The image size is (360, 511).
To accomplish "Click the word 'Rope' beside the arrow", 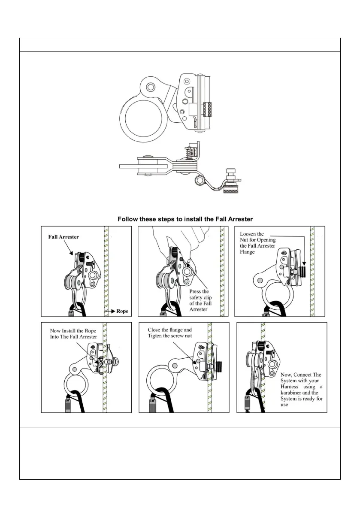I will [122, 310].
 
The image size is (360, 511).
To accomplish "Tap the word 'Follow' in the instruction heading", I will [128, 219].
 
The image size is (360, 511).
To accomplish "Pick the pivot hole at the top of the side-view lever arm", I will [150, 88].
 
